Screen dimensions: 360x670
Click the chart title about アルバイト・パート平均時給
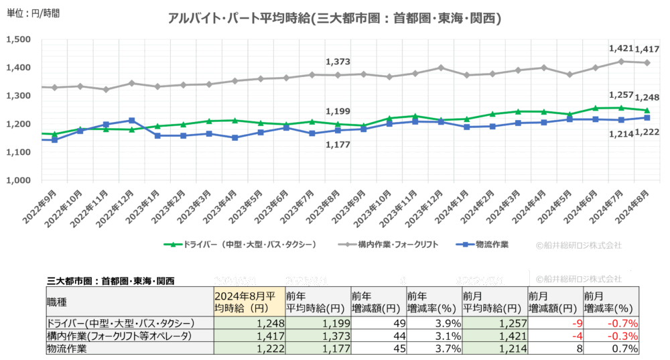(x=334, y=18)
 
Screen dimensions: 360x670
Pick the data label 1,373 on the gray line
(x=338, y=62)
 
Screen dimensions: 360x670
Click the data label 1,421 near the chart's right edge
(x=620, y=49)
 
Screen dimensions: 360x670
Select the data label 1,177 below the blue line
(x=338, y=144)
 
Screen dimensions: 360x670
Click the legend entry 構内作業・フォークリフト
(x=388, y=245)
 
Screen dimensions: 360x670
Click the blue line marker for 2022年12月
(x=132, y=121)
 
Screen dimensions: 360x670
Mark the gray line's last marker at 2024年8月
(x=647, y=63)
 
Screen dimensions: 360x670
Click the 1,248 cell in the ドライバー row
(x=249, y=323)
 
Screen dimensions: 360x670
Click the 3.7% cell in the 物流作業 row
(x=433, y=349)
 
